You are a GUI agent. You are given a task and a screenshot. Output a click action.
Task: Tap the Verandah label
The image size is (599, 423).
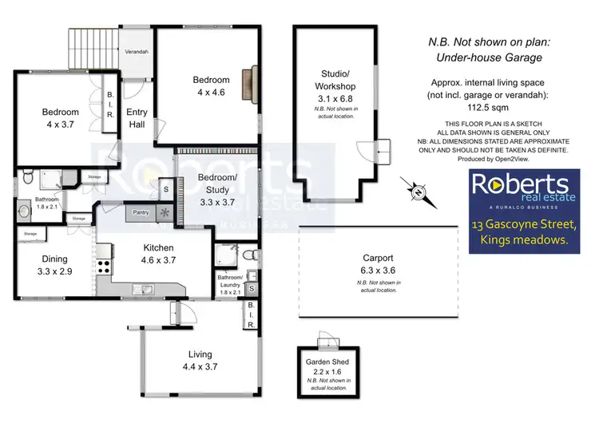click(x=137, y=51)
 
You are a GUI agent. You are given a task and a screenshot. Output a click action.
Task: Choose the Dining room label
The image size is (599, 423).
click(x=50, y=259)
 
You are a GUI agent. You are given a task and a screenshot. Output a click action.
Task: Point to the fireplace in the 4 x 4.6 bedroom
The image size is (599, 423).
click(x=250, y=80)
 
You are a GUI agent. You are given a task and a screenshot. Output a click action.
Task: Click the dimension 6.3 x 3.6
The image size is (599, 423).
click(x=375, y=270)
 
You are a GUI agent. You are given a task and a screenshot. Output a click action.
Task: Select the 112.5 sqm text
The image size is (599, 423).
click(x=499, y=113)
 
